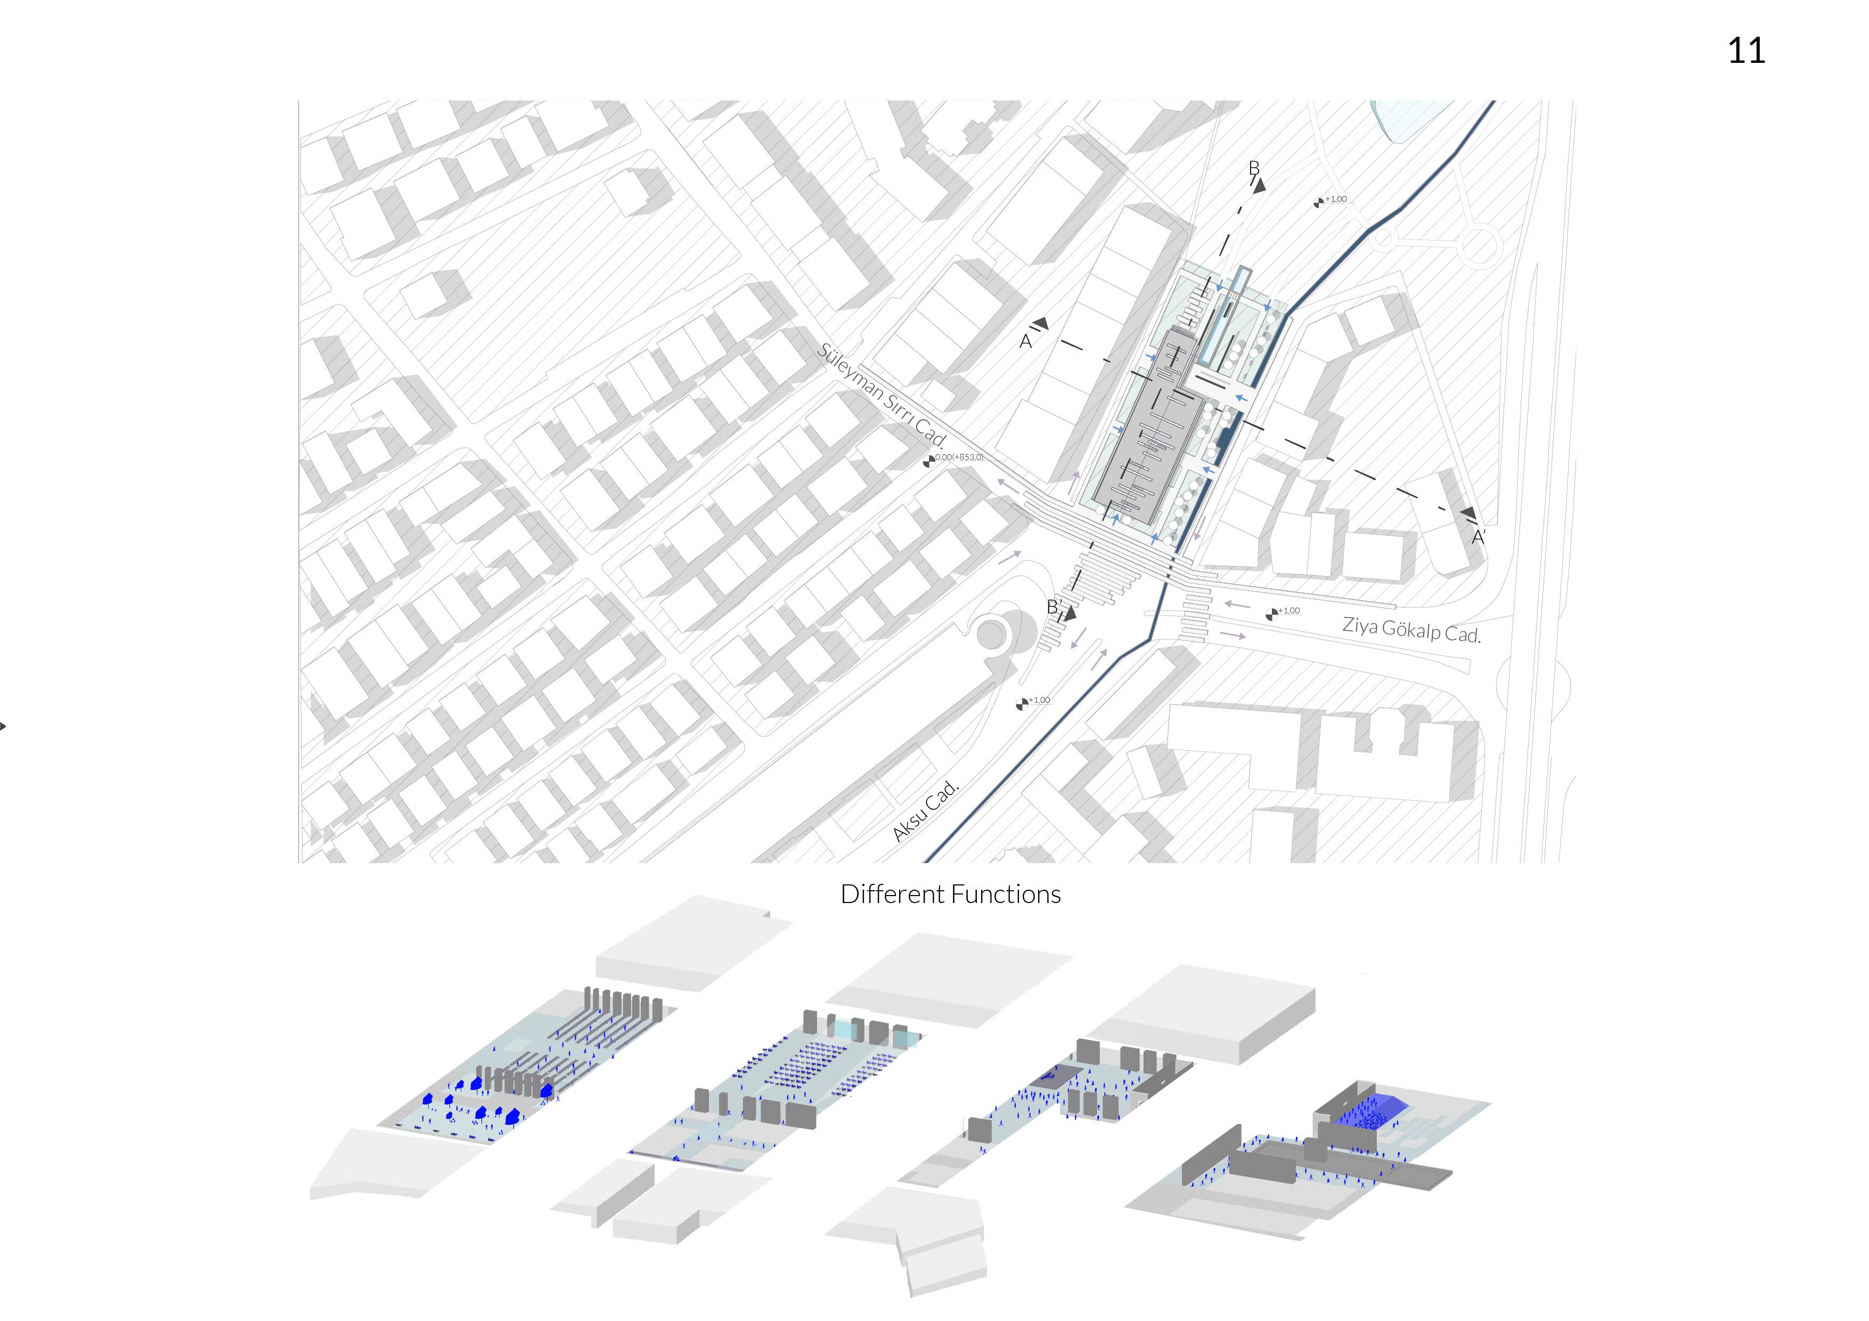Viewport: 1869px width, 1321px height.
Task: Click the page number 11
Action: point(1745,51)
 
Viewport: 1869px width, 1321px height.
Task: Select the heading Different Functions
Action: point(950,895)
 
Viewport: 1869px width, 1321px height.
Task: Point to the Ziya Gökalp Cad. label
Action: point(1411,629)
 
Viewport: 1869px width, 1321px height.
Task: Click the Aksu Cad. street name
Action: point(926,811)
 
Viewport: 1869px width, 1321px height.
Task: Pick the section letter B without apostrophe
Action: point(1254,168)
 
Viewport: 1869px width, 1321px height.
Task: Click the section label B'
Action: point(1054,607)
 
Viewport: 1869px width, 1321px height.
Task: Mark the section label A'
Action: point(1478,537)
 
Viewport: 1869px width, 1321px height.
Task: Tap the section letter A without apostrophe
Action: point(1026,342)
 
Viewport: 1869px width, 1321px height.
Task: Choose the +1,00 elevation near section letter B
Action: point(1336,200)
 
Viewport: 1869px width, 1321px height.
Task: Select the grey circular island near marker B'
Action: point(991,634)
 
